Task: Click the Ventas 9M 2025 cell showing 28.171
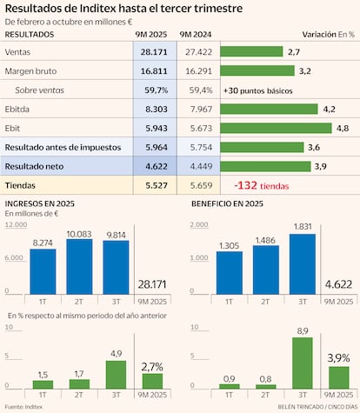tap(154, 52)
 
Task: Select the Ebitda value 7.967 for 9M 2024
tap(197, 109)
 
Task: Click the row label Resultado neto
tap(36, 165)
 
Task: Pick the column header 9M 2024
tap(197, 34)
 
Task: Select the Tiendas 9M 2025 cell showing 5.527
tap(154, 184)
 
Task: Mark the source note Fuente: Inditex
tap(25, 406)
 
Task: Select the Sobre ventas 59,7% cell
tap(154, 90)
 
